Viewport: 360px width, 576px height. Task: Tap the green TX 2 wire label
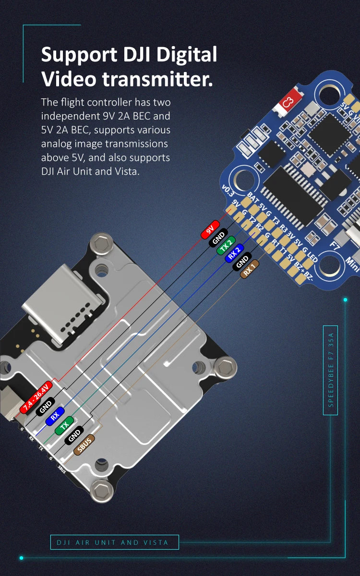pos(227,245)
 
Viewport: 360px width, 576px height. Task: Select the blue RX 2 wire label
pos(234,253)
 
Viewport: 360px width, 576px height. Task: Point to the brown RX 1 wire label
pos(250,269)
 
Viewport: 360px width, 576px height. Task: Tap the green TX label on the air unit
pos(64,426)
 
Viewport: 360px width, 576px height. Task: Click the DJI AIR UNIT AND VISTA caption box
pos(115,542)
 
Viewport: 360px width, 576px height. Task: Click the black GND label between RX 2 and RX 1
pos(242,261)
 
